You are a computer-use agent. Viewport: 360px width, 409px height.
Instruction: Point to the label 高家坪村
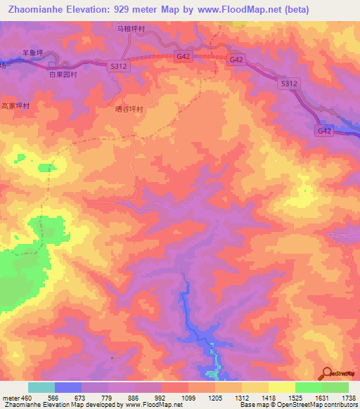point(15,105)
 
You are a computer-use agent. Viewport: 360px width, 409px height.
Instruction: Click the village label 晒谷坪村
point(129,110)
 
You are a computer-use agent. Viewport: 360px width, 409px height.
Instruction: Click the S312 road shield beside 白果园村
point(118,65)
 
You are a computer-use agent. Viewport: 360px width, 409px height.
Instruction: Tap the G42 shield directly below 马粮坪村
point(183,56)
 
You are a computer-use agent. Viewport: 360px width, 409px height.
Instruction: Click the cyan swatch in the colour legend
point(41,387)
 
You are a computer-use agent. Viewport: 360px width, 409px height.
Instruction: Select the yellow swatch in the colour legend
point(281,387)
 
